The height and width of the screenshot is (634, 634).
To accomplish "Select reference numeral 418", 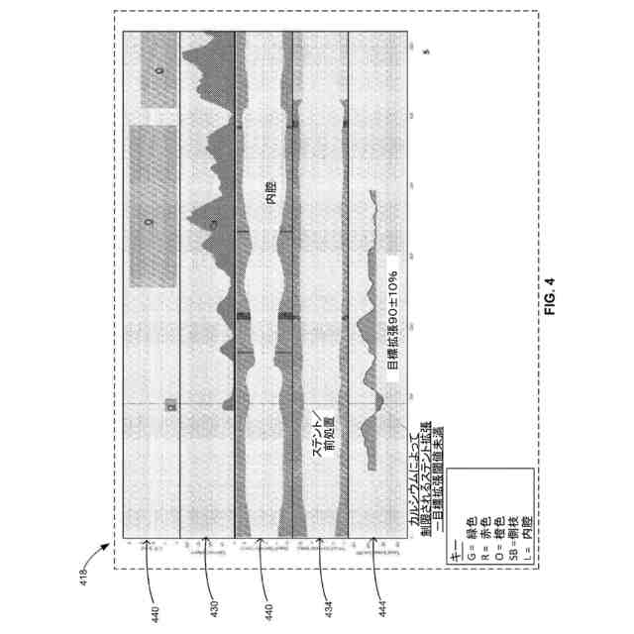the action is click(x=83, y=572).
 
